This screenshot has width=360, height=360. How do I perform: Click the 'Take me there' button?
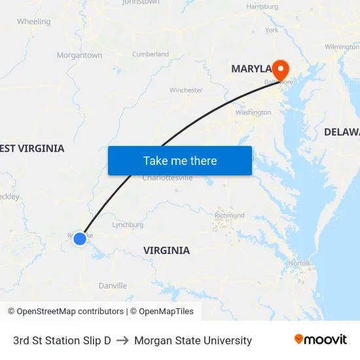(180, 160)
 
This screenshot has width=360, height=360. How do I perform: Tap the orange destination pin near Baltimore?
(280, 69)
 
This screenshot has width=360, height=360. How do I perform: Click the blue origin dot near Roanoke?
(80, 239)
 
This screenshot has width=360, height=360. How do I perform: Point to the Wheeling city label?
(33, 22)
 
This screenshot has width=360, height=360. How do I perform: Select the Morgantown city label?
(79, 56)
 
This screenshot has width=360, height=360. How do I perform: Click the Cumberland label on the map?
(151, 54)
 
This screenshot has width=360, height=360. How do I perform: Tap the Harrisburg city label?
(262, 7)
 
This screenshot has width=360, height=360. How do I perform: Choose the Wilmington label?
(342, 47)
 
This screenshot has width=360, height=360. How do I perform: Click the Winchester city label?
(186, 90)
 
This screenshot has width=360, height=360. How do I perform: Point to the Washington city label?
(253, 113)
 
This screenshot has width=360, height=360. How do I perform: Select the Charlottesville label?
(168, 177)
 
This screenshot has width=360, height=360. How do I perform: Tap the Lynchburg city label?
(128, 225)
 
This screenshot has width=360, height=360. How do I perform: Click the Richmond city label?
(229, 215)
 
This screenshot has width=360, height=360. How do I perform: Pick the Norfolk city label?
(299, 263)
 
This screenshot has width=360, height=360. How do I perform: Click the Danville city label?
(113, 285)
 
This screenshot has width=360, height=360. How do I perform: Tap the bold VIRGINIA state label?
(166, 250)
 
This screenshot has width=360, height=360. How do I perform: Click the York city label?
(272, 30)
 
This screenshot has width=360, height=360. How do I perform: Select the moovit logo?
(321, 340)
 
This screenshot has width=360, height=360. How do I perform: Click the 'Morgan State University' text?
(192, 340)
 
